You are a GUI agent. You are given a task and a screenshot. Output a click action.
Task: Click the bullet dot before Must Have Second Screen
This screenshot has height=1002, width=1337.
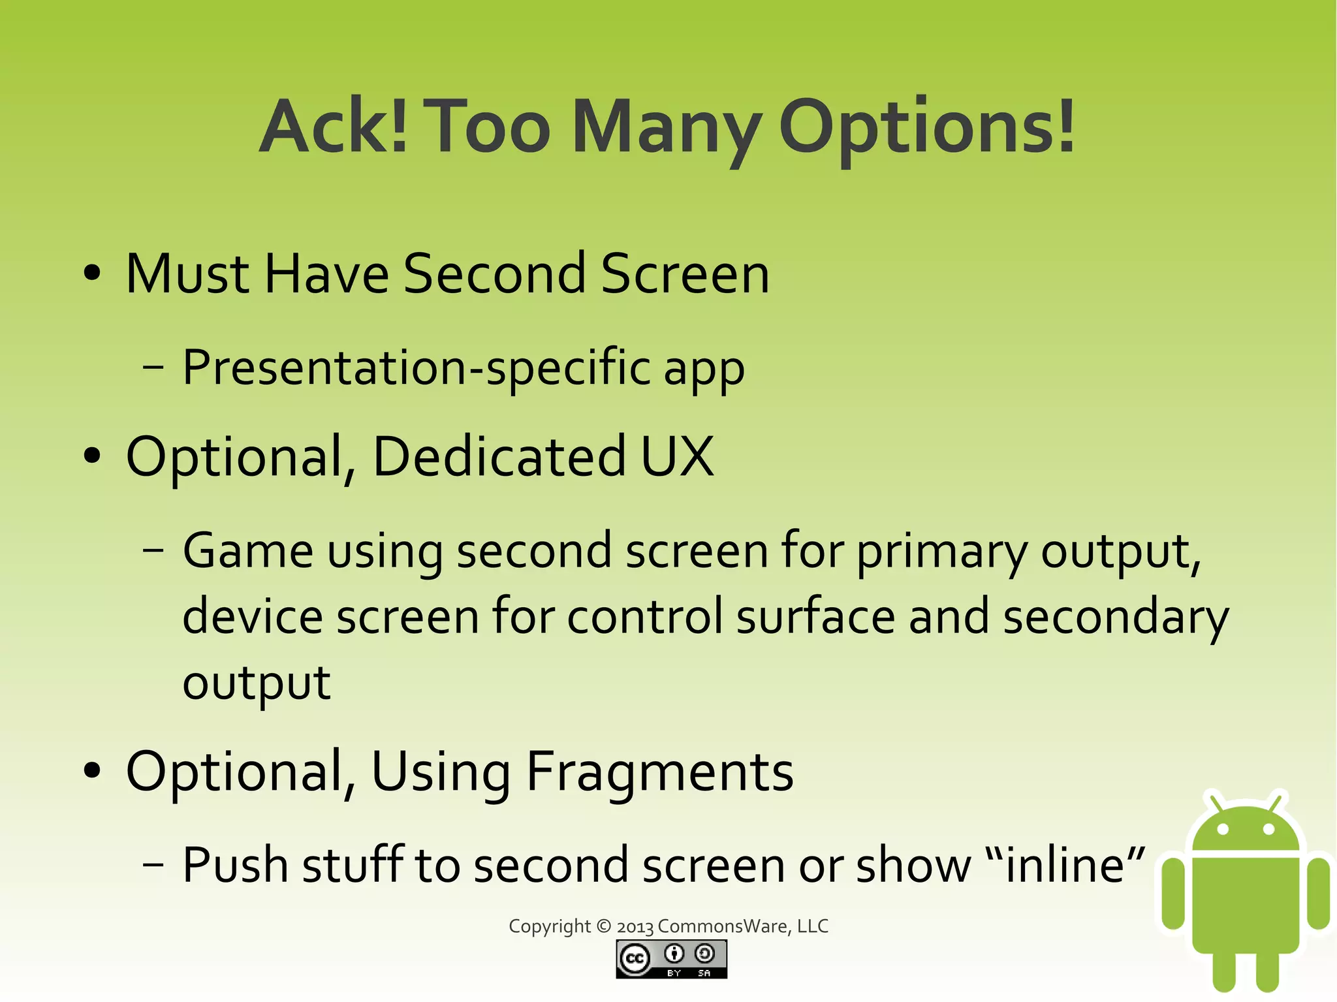click(93, 274)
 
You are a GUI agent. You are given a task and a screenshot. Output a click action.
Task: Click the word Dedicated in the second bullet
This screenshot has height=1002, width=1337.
click(499, 456)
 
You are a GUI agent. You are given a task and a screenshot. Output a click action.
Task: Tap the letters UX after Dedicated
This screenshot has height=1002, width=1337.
click(677, 456)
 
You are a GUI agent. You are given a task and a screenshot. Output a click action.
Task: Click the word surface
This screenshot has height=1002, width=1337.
click(816, 616)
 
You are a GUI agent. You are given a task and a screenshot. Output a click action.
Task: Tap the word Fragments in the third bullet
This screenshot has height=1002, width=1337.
click(659, 772)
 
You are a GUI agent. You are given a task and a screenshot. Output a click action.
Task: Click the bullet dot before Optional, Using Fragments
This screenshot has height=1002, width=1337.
click(93, 771)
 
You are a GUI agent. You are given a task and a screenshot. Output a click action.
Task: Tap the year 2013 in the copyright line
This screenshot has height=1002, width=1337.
click(635, 927)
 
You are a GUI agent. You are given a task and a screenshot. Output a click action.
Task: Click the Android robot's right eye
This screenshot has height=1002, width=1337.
click(1269, 830)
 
